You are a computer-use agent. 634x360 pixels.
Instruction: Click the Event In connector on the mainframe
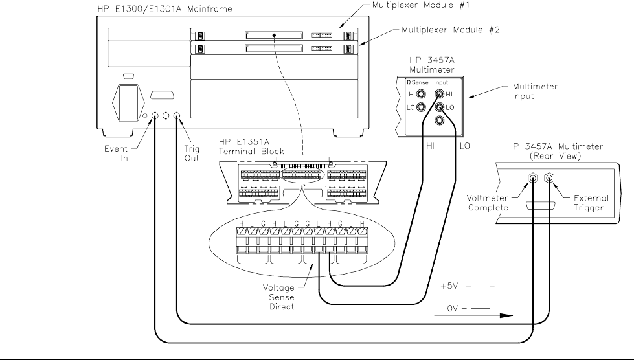point(156,117)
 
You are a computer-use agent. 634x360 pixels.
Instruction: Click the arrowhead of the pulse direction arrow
point(510,317)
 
